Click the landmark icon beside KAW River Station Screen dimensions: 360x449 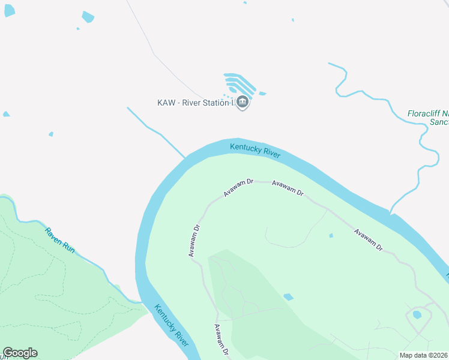pyautogui.click(x=243, y=103)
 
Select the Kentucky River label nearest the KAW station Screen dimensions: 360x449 pyautogui.click(x=255, y=149)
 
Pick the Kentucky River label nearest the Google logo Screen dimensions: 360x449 pyautogui.click(x=172, y=325)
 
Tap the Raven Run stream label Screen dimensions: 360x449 pyautogui.click(x=60, y=239)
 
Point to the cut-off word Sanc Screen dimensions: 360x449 pyautogui.click(x=439, y=122)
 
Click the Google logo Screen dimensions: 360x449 pyautogui.click(x=20, y=353)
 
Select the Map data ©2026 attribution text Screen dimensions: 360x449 pyautogui.click(x=423, y=355)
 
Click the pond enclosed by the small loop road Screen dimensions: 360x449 pyautogui.click(x=417, y=314)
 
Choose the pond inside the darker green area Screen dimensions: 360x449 pyautogui.click(x=289, y=297)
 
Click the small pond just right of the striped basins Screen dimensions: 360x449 pyautogui.click(x=262, y=94)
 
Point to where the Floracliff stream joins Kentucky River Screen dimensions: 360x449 pyautogui.click(x=390, y=213)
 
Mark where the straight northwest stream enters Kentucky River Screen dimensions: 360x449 pyautogui.click(x=185, y=159)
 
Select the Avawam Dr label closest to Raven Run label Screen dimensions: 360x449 pyautogui.click(x=193, y=241)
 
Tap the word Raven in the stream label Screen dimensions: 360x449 pyautogui.click(x=53, y=233)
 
